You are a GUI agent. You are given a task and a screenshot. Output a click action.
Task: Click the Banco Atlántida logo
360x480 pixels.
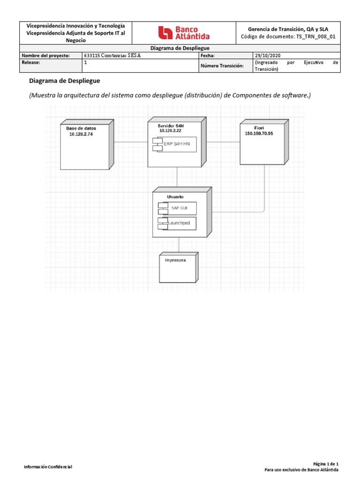click(184, 33)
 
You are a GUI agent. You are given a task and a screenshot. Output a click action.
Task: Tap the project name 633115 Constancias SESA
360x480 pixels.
click(112, 55)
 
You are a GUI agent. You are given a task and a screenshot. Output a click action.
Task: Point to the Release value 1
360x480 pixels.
click(85, 62)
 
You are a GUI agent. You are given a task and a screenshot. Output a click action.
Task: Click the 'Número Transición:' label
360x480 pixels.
click(222, 66)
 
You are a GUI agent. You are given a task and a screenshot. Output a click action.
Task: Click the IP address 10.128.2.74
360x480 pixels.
click(82, 134)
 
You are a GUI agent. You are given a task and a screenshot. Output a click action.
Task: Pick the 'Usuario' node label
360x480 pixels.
click(175, 197)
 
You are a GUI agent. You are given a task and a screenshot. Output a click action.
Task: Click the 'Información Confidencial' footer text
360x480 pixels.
click(48, 466)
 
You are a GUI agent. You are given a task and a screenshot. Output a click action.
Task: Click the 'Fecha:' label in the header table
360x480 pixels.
click(207, 55)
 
